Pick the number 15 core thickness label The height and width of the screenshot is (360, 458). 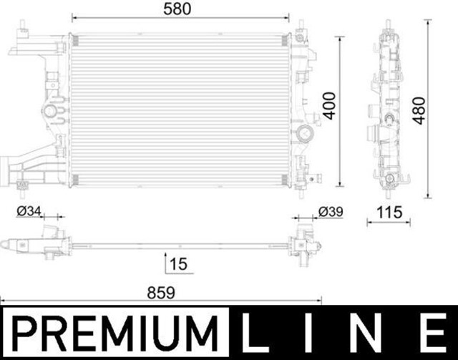[x=179, y=264]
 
